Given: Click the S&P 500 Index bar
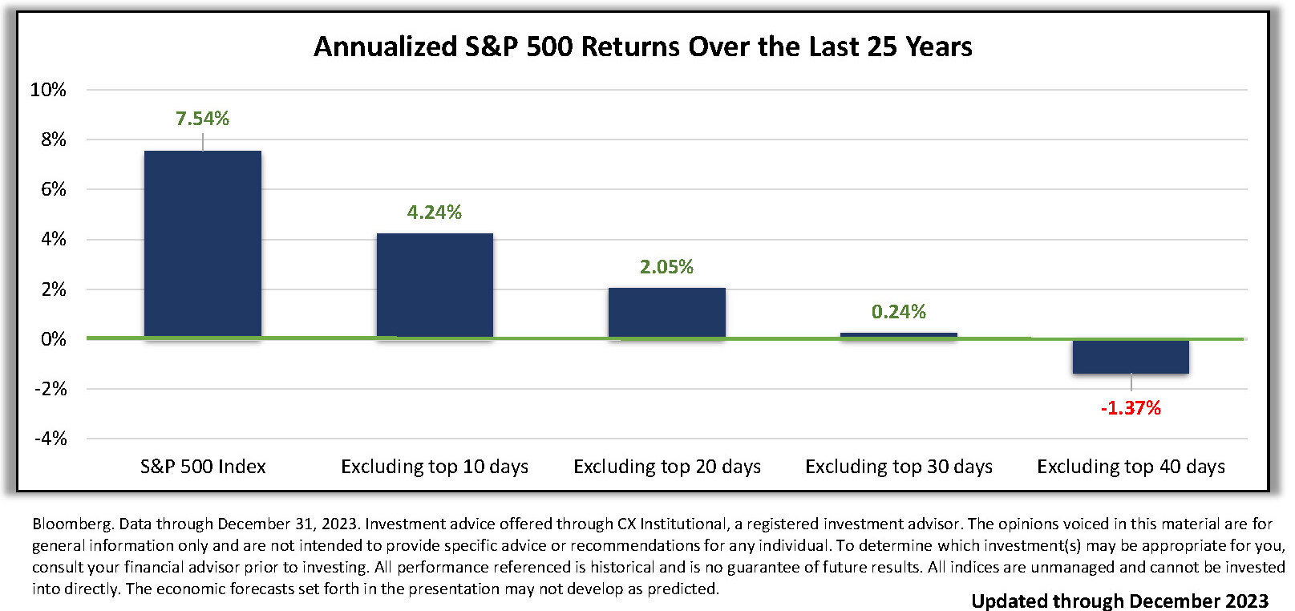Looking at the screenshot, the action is click(x=202, y=244).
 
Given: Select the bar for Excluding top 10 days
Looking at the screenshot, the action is click(x=435, y=285).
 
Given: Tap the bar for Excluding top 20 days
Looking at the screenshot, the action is click(x=666, y=313).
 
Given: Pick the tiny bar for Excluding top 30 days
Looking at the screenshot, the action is click(x=898, y=335).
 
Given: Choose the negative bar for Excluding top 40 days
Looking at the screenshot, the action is click(x=1131, y=356).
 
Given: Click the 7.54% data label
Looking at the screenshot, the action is click(x=202, y=119).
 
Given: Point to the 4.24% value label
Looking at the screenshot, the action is click(x=434, y=212).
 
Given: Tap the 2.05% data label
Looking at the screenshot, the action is click(x=666, y=266).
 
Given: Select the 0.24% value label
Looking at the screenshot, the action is click(x=898, y=312).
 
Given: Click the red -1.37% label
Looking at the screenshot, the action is click(x=1131, y=408).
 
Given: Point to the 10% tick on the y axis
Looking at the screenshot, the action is click(x=48, y=90).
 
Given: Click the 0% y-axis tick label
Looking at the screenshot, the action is click(x=53, y=338).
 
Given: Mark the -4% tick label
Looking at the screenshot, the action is click(x=51, y=439).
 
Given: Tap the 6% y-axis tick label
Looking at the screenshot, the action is click(x=53, y=189).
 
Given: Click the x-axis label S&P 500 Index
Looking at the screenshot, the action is click(x=203, y=467).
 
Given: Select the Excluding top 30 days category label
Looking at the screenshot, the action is click(x=899, y=467).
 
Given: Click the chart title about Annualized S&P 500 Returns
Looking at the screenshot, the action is click(x=643, y=47).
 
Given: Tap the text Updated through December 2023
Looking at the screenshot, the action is click(x=1120, y=601).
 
